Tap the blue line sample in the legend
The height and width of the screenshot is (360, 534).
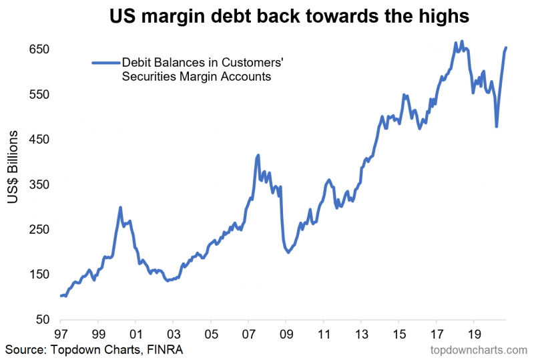[105, 63]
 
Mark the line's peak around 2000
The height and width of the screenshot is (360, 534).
[120, 208]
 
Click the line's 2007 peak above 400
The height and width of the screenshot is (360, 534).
[258, 156]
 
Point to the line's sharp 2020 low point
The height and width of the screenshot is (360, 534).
[496, 126]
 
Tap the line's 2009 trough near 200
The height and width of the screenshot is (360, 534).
[288, 252]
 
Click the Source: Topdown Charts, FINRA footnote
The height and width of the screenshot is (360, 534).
[94, 349]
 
